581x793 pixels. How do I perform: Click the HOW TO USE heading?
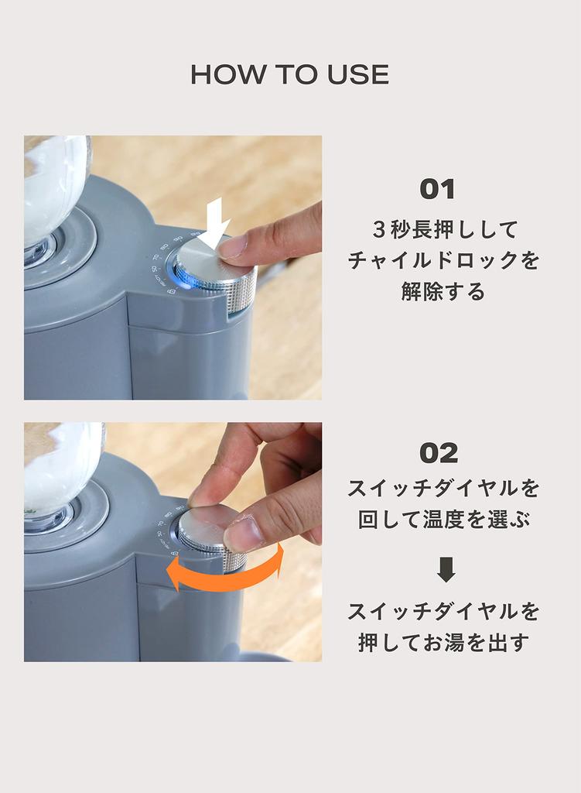(x=289, y=75)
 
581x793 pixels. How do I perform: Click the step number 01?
(x=437, y=190)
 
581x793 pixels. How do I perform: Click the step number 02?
(x=438, y=453)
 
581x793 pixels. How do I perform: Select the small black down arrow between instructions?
(x=446, y=570)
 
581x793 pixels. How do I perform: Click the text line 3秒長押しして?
(x=443, y=230)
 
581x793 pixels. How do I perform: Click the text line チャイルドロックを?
(x=443, y=261)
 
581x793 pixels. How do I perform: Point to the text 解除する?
(x=443, y=292)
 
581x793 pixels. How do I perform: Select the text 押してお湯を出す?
(x=443, y=642)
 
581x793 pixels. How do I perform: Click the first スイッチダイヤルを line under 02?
(x=443, y=489)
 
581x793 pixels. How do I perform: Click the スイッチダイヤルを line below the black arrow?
(x=443, y=611)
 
